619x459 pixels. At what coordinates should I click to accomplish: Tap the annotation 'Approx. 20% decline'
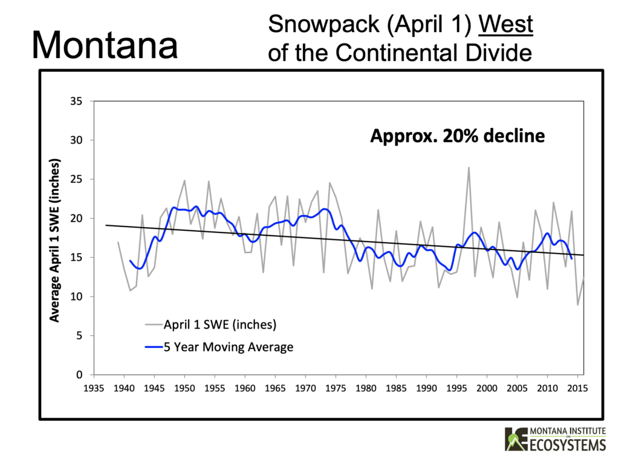pos(457,136)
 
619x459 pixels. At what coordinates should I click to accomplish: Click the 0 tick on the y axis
pos(80,375)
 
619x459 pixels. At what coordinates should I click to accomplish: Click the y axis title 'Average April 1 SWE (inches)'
pos(55,240)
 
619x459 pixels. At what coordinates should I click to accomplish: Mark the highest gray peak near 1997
pos(468,168)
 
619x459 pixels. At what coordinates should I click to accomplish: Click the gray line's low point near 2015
pos(577,304)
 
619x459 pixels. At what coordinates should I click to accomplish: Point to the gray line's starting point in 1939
pos(118,242)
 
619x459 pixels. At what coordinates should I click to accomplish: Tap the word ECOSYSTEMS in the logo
pos(566,445)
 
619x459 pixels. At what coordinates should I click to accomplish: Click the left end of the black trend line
pos(106,225)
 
